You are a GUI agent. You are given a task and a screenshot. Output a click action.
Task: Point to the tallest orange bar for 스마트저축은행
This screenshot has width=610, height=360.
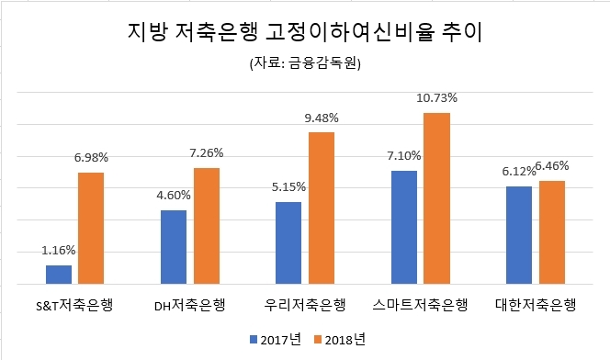[x=436, y=197]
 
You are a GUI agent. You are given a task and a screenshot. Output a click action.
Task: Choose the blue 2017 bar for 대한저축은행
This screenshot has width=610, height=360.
[x=519, y=234]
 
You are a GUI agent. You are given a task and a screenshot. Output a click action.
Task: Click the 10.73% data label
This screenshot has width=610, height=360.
[x=437, y=97]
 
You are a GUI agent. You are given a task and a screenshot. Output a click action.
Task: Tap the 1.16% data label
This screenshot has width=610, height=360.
[x=59, y=250]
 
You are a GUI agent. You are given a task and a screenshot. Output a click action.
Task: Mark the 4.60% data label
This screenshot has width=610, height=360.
[x=174, y=195]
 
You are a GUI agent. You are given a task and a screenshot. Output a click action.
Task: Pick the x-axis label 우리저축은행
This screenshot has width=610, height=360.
[x=305, y=305]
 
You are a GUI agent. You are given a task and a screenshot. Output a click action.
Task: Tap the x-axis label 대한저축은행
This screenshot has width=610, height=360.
[x=536, y=305]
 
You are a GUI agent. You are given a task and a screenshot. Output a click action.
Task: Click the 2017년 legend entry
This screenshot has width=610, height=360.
[x=275, y=339]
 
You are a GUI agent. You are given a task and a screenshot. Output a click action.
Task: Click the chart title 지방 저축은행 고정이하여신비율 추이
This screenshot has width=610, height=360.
[x=305, y=35]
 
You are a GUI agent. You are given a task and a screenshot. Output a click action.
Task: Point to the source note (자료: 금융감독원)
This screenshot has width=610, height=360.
[x=305, y=64]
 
